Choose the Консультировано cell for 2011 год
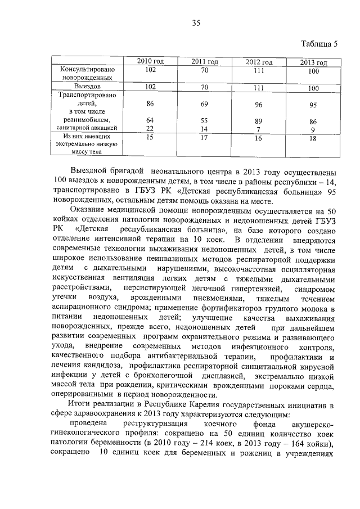coord(204,70)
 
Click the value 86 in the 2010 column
coord(150,104)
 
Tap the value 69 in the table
coord(204,105)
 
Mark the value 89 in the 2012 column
coord(259,121)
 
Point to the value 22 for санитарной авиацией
coord(150,128)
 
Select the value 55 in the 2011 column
coord(204,120)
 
